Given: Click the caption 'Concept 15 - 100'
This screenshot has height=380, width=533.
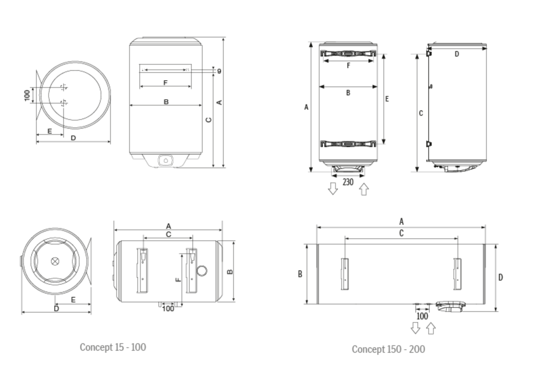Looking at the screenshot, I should (x=113, y=347).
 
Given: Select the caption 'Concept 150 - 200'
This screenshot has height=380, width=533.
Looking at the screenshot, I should (x=388, y=349).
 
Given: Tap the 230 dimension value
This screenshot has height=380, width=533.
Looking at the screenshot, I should (x=348, y=182).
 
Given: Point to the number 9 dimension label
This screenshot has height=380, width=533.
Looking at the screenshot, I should (x=219, y=71).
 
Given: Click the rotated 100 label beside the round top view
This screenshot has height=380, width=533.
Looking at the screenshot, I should (x=27, y=95).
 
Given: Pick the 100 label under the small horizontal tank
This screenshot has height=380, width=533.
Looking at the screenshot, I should (x=168, y=308).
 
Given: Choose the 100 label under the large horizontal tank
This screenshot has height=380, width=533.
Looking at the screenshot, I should (x=422, y=316).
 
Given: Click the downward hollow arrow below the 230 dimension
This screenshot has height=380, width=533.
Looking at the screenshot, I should (x=333, y=188).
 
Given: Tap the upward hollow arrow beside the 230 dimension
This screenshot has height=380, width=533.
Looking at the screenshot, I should (x=364, y=189).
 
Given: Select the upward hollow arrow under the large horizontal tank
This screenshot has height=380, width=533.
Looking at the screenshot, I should (x=431, y=328).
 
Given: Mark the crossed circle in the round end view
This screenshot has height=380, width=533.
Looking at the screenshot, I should (x=55, y=261).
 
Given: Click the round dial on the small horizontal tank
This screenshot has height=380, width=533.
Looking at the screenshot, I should (x=202, y=271).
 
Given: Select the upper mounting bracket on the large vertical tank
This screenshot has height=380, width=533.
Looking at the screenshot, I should (x=348, y=54).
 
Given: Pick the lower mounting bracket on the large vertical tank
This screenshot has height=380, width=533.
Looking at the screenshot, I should (x=348, y=144).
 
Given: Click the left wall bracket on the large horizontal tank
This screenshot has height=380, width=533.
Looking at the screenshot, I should (x=345, y=274).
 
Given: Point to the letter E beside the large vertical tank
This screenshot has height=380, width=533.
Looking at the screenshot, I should (x=387, y=99).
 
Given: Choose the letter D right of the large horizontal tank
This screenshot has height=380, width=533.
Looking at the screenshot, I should (x=500, y=278).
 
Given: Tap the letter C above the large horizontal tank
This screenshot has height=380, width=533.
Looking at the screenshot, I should (x=401, y=233).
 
